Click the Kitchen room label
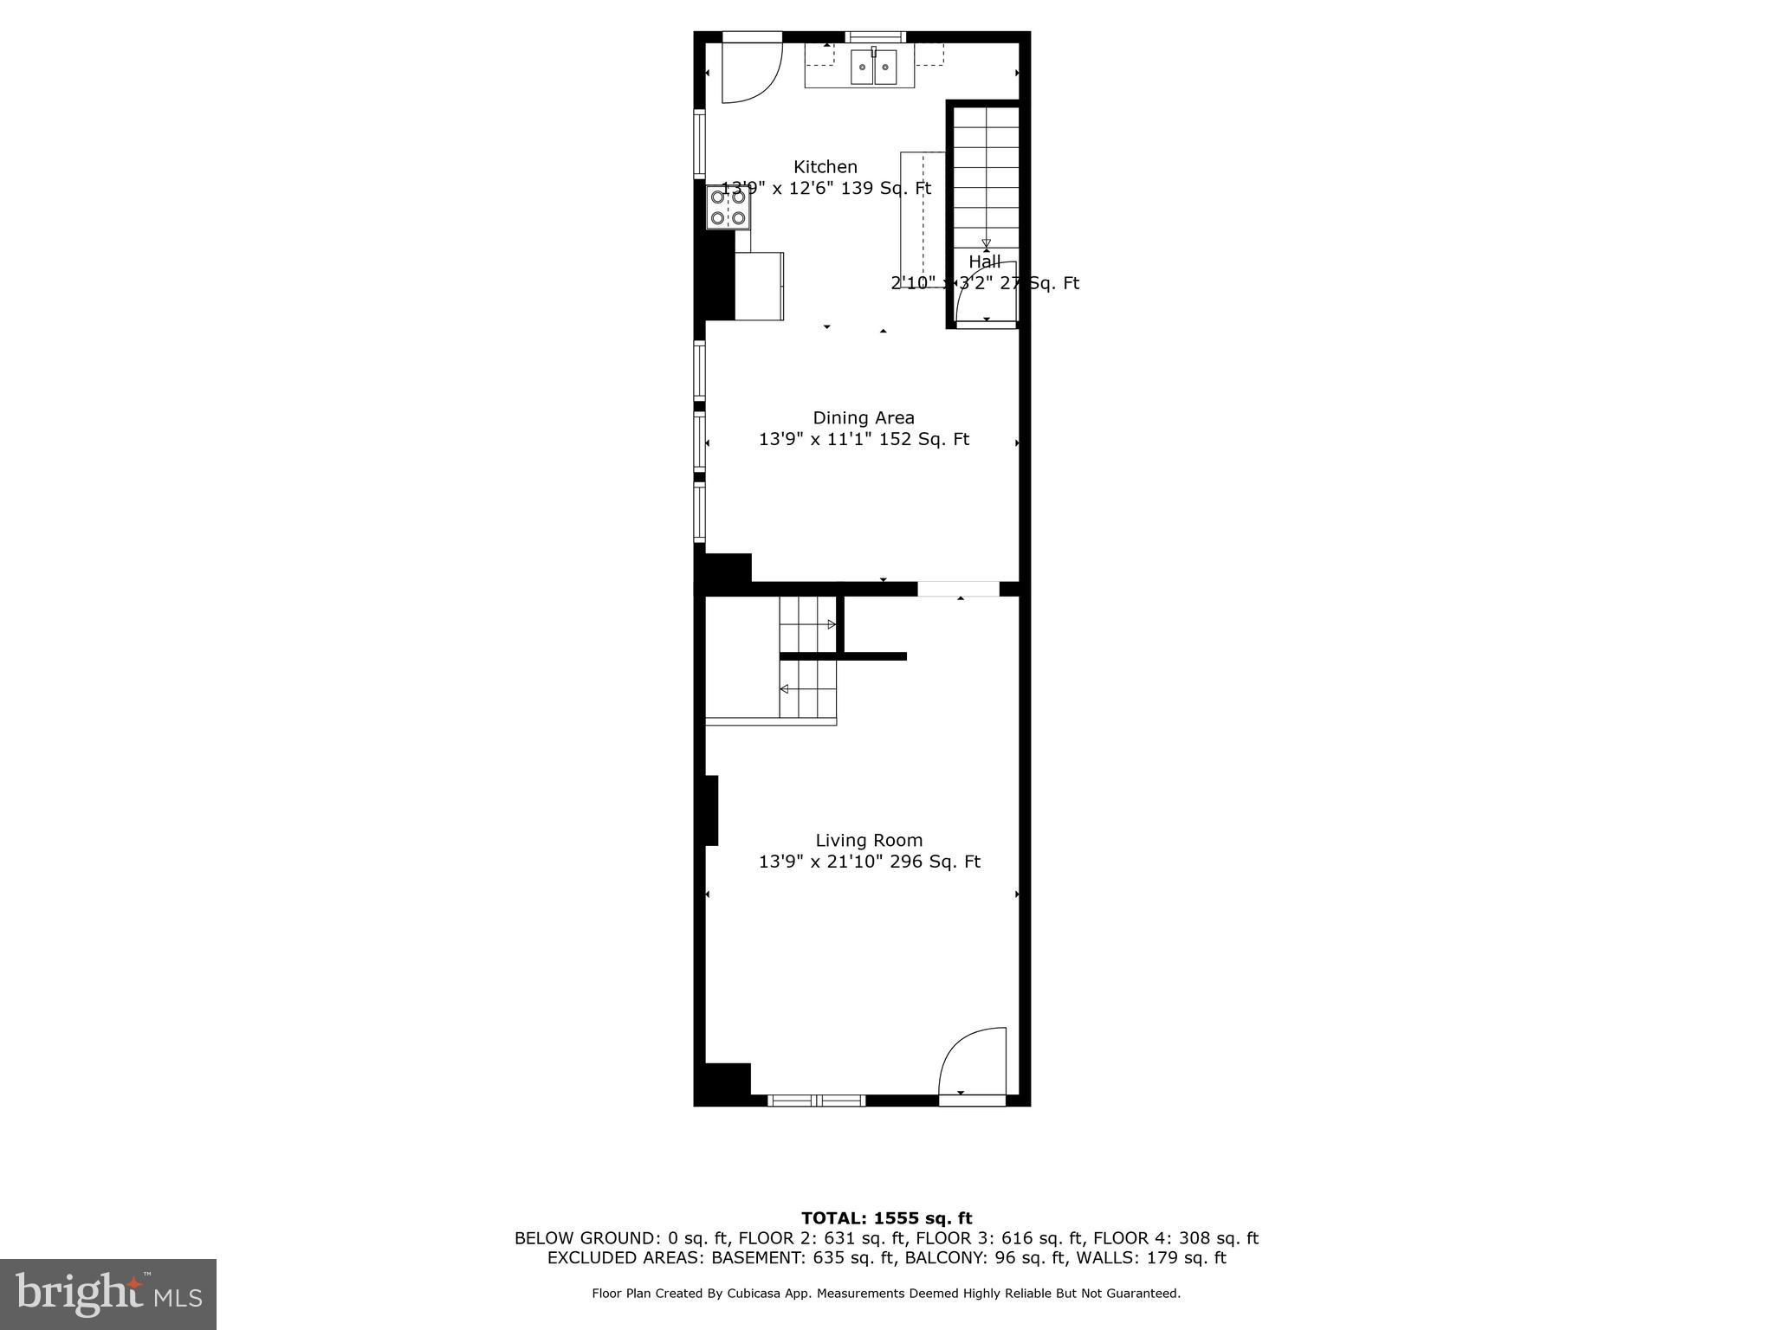[x=825, y=167]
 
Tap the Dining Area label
[x=863, y=418]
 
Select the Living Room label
[x=869, y=841]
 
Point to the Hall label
[x=985, y=261]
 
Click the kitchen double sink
[x=873, y=68]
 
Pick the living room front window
[x=817, y=1101]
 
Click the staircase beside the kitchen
[x=986, y=173]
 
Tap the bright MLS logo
[x=108, y=1294]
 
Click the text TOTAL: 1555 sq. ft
[x=886, y=1219]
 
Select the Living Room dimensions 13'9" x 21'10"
[x=820, y=862]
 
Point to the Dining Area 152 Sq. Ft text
[x=924, y=440]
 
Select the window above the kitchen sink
[x=875, y=36]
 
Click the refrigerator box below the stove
[x=760, y=286]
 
